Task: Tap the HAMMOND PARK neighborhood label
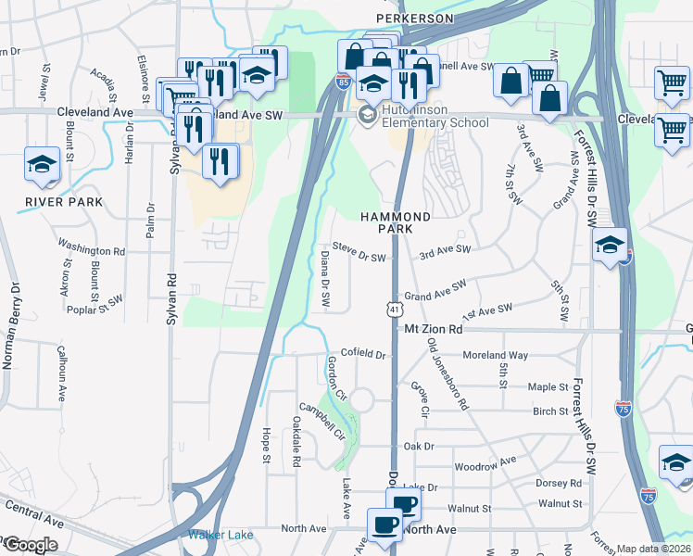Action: (396, 221)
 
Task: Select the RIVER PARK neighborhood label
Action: (50, 201)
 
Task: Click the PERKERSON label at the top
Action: (414, 18)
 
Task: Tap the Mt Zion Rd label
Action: (433, 329)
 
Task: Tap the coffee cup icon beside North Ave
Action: (384, 524)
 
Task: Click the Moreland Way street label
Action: (496, 355)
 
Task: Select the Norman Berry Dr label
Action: (12, 325)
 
